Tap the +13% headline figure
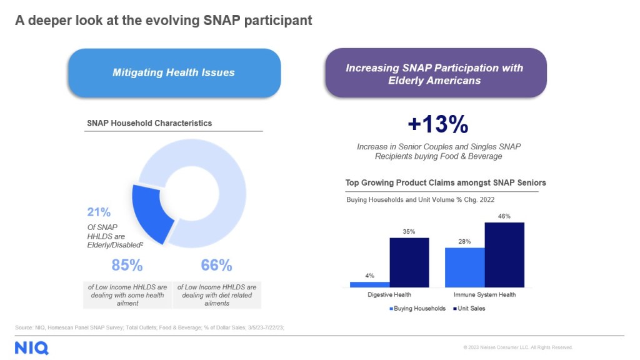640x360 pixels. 437,124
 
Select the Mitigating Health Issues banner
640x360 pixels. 174,72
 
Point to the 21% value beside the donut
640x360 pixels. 99,211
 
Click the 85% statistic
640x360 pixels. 127,265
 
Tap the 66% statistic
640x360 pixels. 216,265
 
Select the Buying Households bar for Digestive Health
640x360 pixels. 369,284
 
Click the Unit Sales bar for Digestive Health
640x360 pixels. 409,262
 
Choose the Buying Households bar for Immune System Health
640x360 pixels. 464,267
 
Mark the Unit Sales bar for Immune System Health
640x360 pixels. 504,254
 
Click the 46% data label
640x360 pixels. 504,216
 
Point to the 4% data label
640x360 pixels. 369,276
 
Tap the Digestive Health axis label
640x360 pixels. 389,294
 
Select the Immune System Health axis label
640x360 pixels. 485,294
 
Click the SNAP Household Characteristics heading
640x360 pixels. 149,123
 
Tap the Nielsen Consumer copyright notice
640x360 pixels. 517,347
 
